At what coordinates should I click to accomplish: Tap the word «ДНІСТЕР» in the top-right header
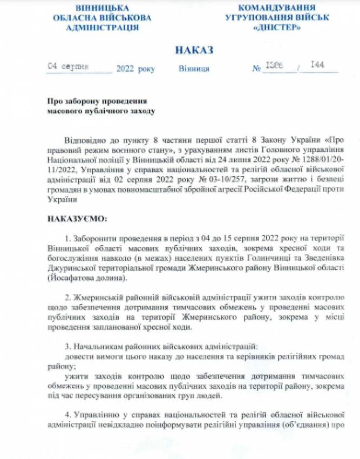[x=277, y=27]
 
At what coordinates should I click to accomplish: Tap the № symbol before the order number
[x=256, y=69]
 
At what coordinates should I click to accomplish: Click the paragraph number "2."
[x=67, y=297]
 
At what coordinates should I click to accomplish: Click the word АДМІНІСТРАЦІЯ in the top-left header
[x=103, y=27]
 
